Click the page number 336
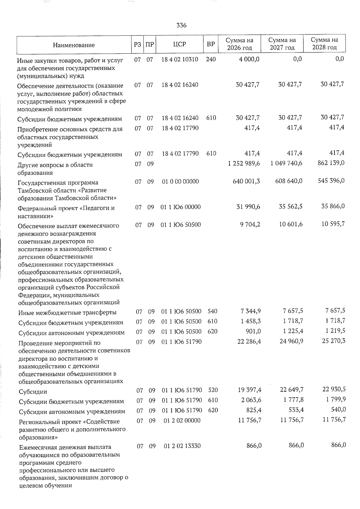click(x=181, y=25)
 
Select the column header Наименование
click(x=73, y=45)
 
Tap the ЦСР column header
click(x=179, y=44)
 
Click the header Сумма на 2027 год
click(x=282, y=44)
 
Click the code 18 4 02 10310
click(x=180, y=59)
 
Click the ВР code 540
click(x=212, y=312)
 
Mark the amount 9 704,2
click(x=250, y=225)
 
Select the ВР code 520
click(x=213, y=390)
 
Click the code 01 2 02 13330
click(x=182, y=446)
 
